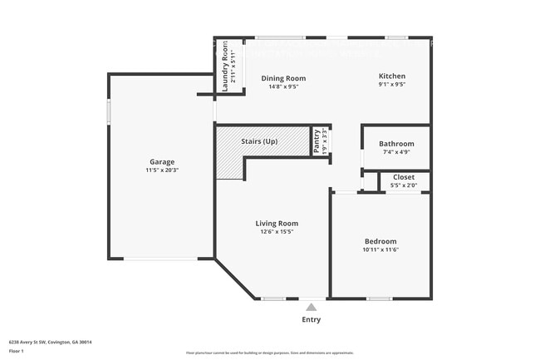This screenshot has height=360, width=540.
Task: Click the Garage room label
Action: point(161,161)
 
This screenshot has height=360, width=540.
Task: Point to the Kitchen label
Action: point(392,76)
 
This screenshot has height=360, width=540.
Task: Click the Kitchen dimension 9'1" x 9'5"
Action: point(392,84)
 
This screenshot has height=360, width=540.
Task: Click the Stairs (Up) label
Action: point(259,141)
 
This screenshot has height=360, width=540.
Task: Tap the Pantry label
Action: point(317,141)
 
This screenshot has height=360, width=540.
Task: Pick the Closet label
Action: point(404,177)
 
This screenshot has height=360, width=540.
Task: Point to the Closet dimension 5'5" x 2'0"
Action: point(404,185)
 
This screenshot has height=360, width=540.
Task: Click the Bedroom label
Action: point(380,241)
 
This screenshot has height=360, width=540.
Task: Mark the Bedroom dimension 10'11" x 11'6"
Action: point(380,249)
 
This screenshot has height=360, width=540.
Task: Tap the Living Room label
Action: point(276,223)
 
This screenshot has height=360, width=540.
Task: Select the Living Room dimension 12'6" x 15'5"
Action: point(276,231)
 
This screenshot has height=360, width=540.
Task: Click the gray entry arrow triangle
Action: point(312,307)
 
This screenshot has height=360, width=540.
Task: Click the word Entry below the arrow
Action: point(312,319)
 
